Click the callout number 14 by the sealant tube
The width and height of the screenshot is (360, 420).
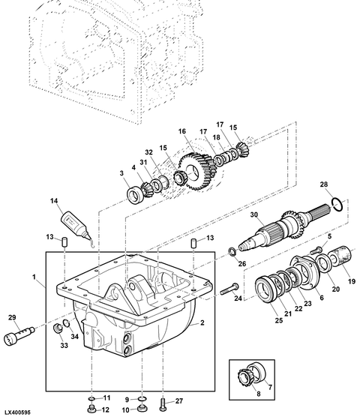pyautogui.click(x=54, y=201)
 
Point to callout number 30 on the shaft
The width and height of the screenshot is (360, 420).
pyautogui.click(x=253, y=214)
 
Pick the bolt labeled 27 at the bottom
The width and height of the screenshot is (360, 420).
pyautogui.click(x=164, y=404)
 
